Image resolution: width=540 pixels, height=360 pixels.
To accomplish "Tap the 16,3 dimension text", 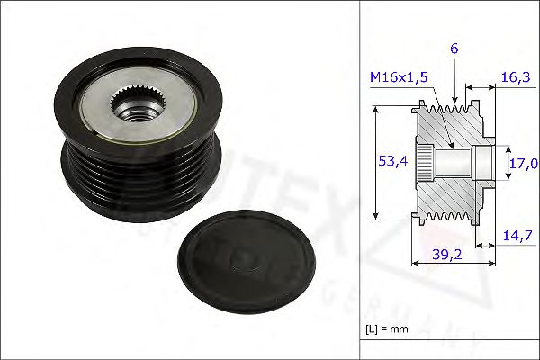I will tap(514, 78).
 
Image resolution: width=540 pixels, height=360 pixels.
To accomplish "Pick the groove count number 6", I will tap(455, 49).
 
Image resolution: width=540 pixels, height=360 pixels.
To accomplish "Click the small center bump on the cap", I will tap(240, 259).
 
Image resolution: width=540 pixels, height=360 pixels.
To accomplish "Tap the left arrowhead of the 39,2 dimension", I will tap(415, 264).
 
